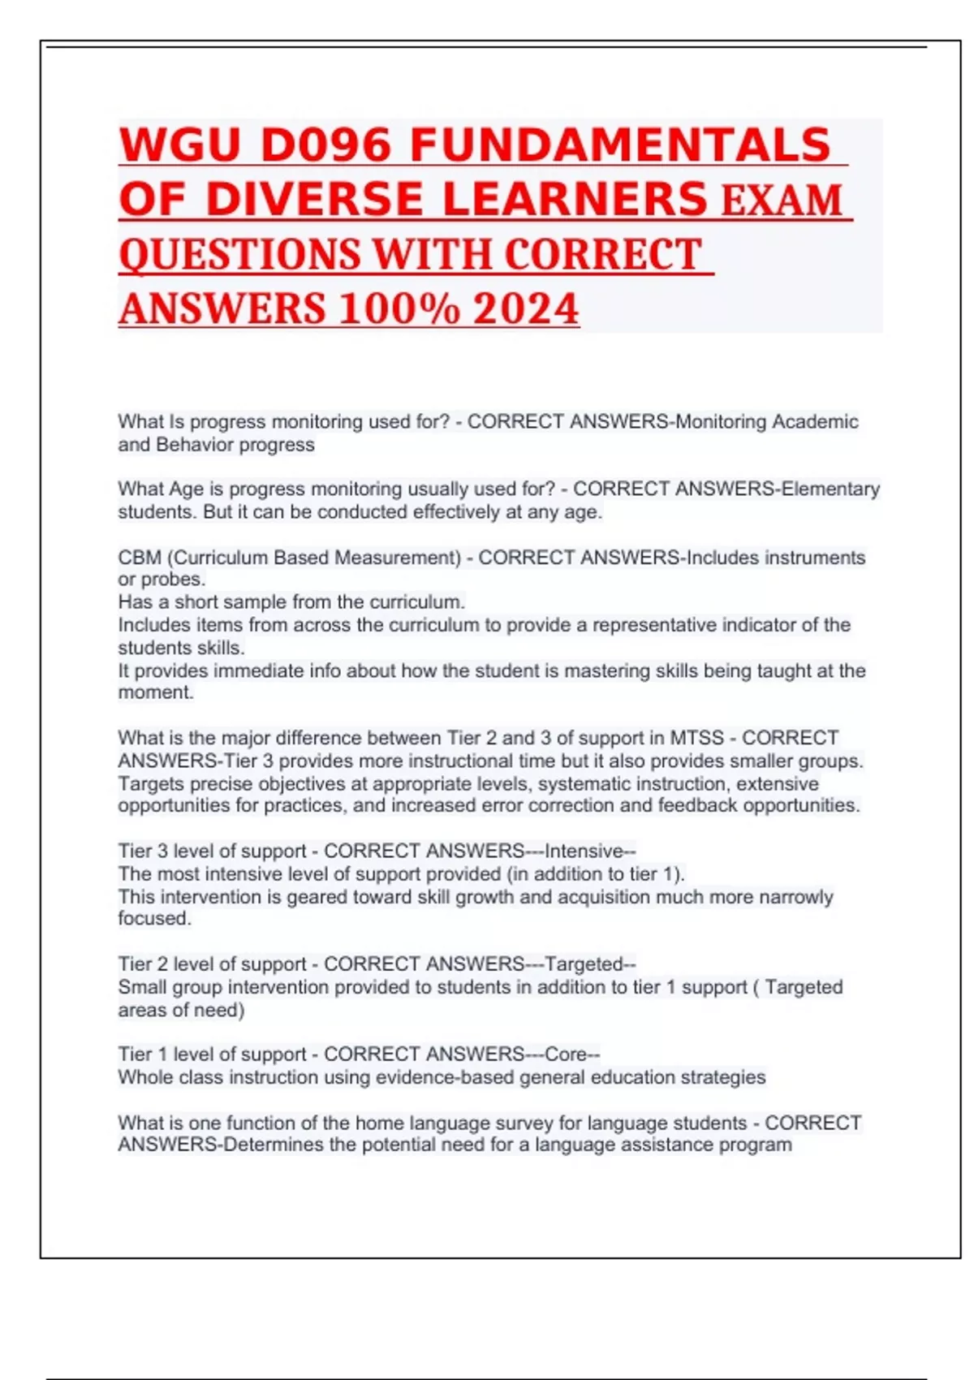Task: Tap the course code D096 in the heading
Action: point(325,146)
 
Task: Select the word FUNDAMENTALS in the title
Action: point(621,146)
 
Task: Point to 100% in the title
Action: point(399,308)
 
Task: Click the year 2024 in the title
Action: point(526,308)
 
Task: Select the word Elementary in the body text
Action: point(830,489)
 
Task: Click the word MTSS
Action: point(696,738)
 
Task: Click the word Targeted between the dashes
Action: point(584,964)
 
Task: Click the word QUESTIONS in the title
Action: point(239,254)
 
